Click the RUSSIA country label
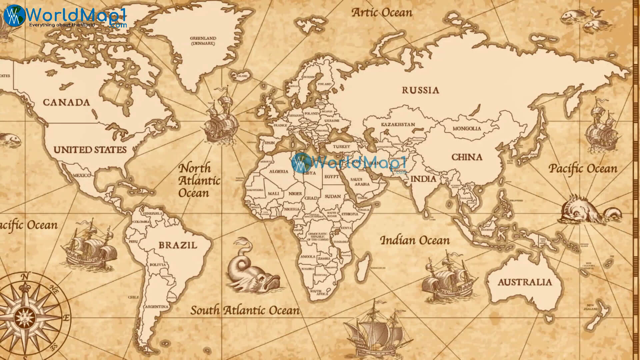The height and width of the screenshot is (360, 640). click(x=420, y=90)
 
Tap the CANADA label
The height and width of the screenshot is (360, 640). click(x=66, y=102)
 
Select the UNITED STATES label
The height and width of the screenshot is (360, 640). click(x=90, y=150)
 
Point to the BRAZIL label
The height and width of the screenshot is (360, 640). click(x=178, y=245)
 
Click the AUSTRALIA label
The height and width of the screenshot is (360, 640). click(x=525, y=282)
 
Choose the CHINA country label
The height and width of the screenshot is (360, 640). click(x=467, y=157)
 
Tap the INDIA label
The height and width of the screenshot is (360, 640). click(x=423, y=179)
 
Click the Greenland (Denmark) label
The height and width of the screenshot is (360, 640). click(x=203, y=41)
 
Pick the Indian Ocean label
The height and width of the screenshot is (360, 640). click(x=415, y=240)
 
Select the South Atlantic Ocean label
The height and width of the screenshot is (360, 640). click(x=245, y=311)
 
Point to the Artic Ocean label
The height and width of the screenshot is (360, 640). click(x=382, y=13)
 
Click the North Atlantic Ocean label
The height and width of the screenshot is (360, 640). click(x=199, y=180)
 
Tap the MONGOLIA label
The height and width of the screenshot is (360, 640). click(x=467, y=129)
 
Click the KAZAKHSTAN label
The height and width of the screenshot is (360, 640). click(x=398, y=124)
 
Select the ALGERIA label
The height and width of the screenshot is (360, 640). click(x=279, y=171)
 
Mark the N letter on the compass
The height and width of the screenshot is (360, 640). click(x=24, y=276)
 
